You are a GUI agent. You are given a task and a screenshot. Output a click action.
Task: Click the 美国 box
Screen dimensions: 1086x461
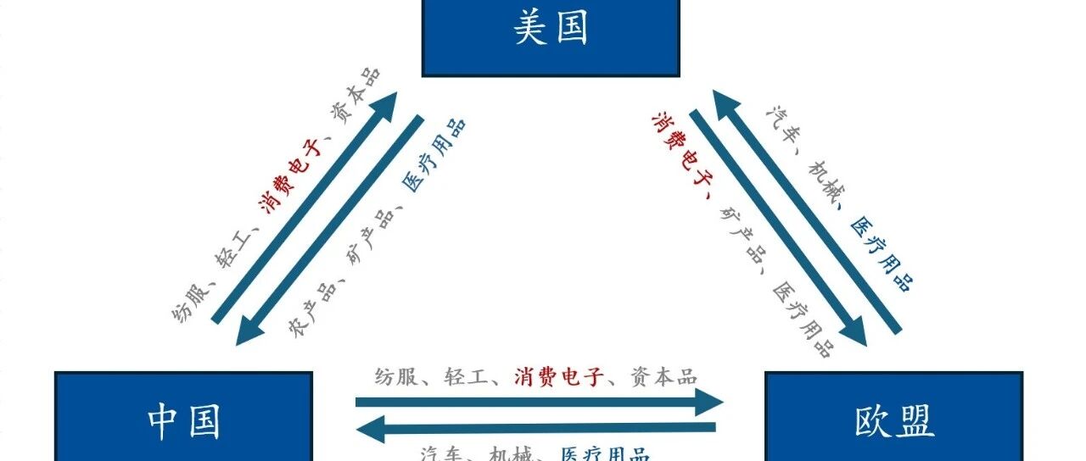(x=551, y=34)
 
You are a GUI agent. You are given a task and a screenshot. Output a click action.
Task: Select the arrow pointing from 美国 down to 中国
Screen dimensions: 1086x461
(x=331, y=229)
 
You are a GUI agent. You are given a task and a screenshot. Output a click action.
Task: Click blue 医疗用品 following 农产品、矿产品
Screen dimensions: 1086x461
(x=433, y=156)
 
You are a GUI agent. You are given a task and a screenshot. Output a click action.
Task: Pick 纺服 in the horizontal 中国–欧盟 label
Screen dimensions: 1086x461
(x=396, y=376)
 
